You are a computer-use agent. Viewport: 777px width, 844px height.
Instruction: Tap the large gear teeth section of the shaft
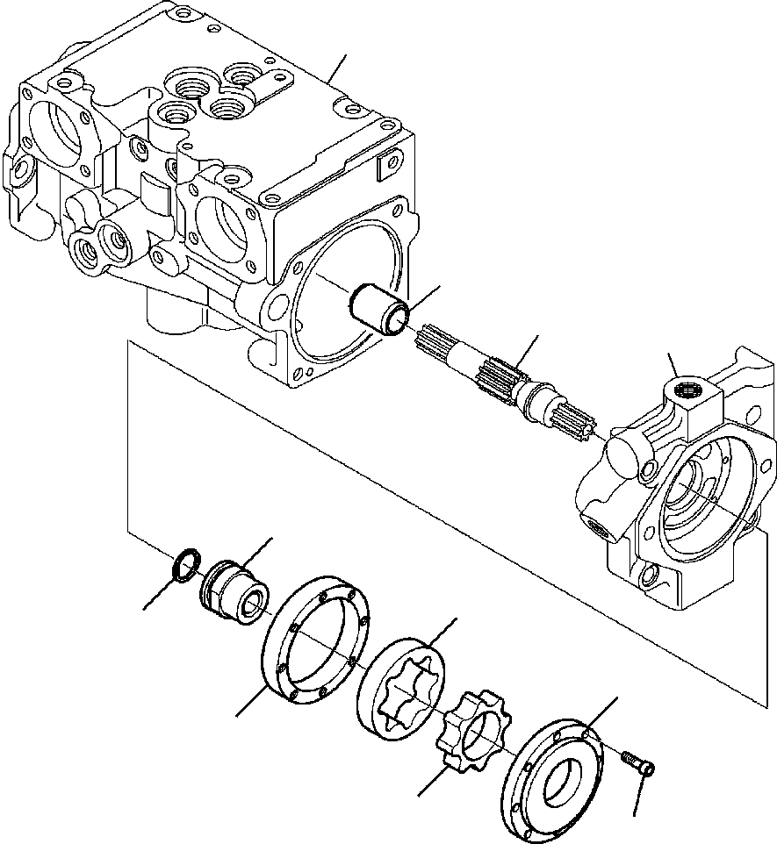click(496, 378)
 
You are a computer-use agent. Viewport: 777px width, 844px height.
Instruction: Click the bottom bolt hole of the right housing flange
click(651, 577)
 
